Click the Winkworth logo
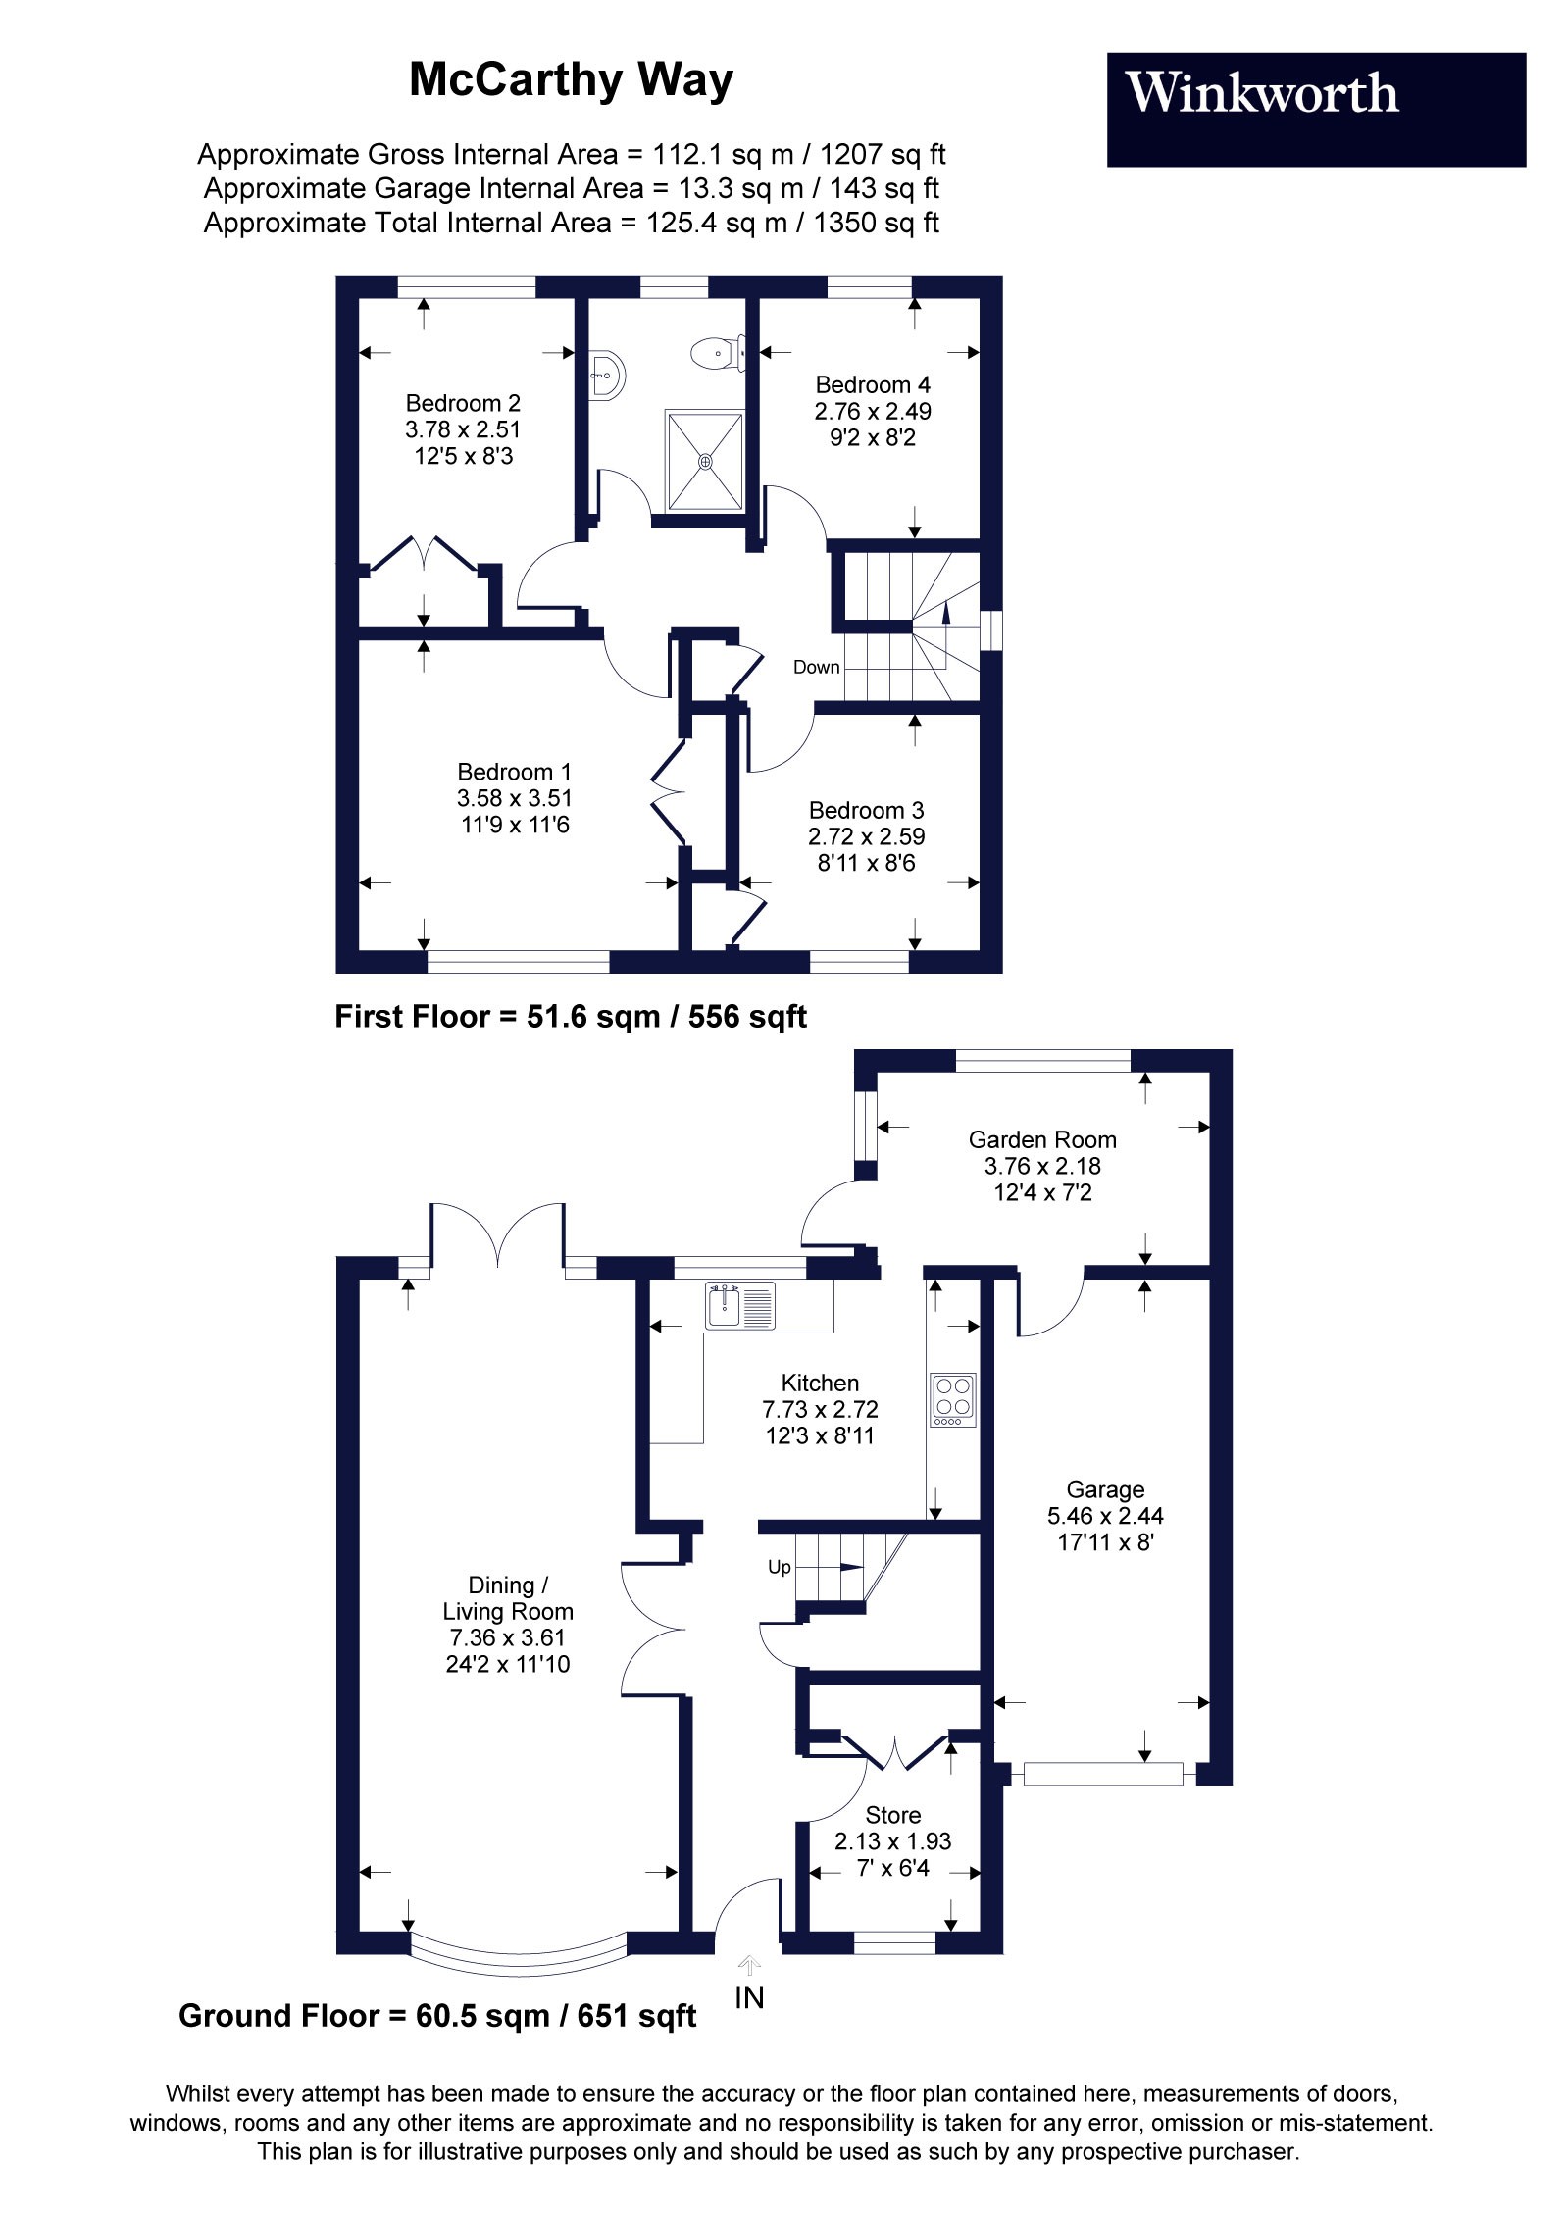pyautogui.click(x=1316, y=109)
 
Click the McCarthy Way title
pyautogui.click(x=571, y=80)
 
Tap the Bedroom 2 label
pyautogui.click(x=463, y=403)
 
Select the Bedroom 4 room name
pyautogui.click(x=873, y=384)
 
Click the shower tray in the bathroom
pyautogui.click(x=706, y=461)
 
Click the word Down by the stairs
pyautogui.click(x=817, y=667)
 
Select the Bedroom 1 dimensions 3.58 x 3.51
pyautogui.click(x=515, y=798)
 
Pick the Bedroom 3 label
pyautogui.click(x=866, y=810)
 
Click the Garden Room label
pyautogui.click(x=1042, y=1139)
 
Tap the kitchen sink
pyautogui.click(x=740, y=1306)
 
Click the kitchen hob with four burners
pyautogui.click(x=953, y=1398)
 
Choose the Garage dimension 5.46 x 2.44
pyautogui.click(x=1105, y=1516)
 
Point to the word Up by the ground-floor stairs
pyautogui.click(x=780, y=1567)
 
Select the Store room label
pyautogui.click(x=892, y=1815)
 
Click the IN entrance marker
pyautogui.click(x=749, y=1996)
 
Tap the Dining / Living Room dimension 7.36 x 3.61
pyautogui.click(x=507, y=1637)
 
